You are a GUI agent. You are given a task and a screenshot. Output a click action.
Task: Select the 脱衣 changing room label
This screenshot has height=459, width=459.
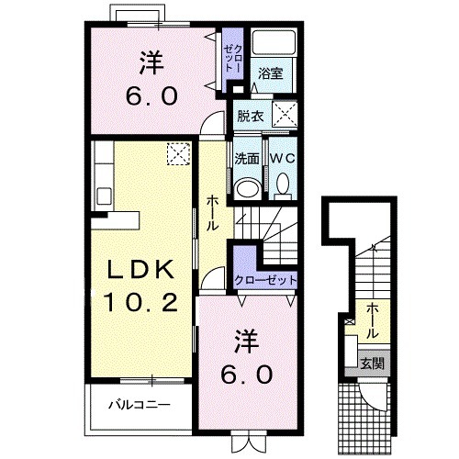(249, 117)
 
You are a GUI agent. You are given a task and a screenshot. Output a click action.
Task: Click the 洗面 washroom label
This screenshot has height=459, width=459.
(245, 158)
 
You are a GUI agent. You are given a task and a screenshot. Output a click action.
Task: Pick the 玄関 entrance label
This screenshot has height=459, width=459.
(372, 364)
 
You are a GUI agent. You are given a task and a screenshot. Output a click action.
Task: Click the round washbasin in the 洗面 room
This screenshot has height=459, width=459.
(246, 187)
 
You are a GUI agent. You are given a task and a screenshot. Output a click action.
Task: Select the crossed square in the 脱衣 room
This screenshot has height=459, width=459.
(286, 117)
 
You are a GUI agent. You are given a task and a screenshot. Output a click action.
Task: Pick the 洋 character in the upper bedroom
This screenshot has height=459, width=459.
(152, 64)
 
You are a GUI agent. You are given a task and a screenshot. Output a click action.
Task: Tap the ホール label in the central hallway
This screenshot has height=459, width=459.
(212, 212)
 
